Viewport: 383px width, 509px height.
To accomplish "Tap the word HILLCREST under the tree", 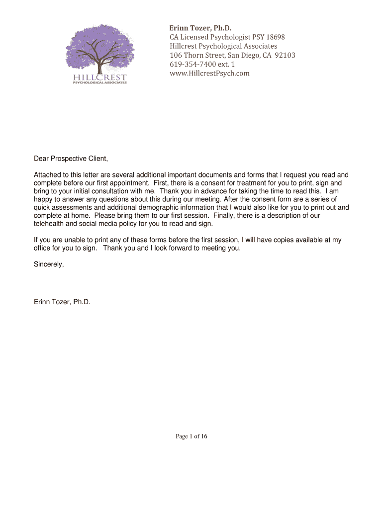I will [x=99, y=77].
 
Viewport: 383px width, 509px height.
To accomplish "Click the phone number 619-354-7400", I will [x=193, y=65].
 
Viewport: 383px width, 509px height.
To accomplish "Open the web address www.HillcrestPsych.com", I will [x=209, y=74].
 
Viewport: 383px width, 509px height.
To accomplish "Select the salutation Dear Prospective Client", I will [x=71, y=159].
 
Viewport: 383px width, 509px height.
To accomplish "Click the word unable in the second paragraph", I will [x=71, y=240].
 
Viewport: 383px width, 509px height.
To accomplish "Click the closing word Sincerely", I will [x=49, y=264].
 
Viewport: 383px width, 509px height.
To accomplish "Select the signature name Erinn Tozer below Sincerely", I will [x=62, y=301].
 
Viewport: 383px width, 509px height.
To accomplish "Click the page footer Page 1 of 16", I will [x=191, y=436].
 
